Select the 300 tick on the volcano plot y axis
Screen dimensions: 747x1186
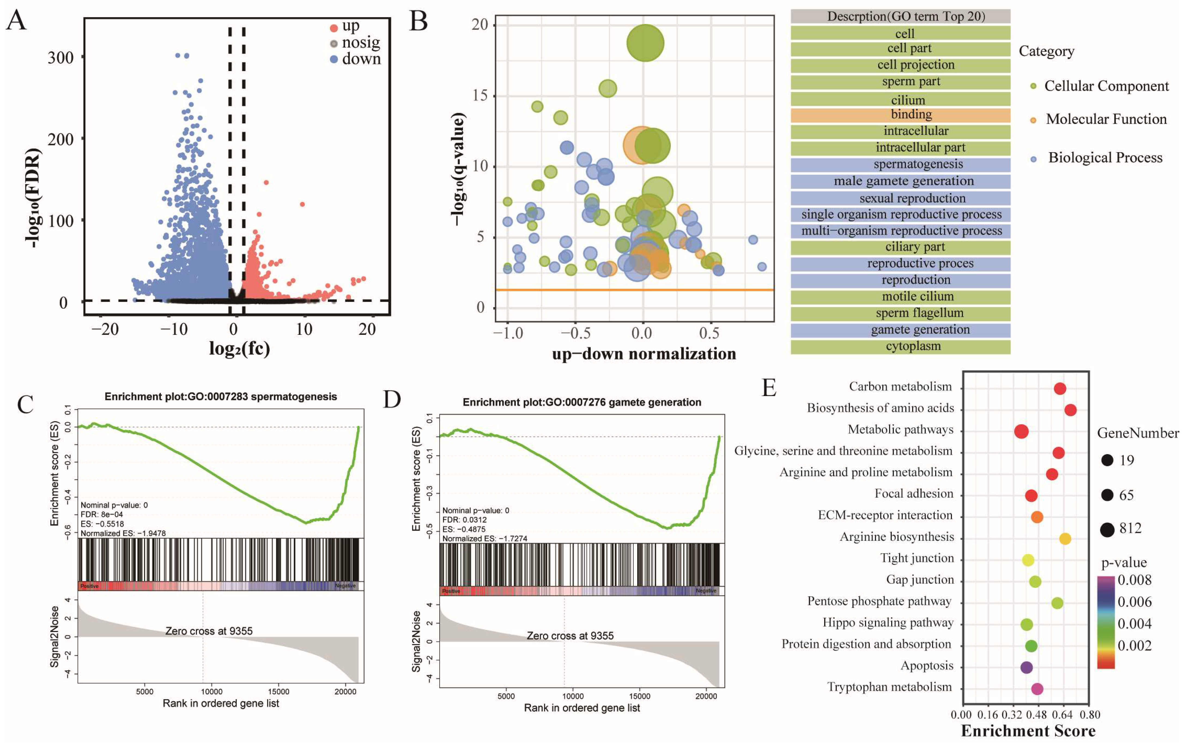point(60,57)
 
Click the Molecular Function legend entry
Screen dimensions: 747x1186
point(1106,119)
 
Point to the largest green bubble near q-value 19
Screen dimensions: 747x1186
point(645,43)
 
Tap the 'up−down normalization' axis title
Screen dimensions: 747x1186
point(644,354)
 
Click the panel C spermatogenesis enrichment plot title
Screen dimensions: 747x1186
point(221,397)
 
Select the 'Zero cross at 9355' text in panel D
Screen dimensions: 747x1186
point(570,636)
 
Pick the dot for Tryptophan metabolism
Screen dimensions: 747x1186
point(1037,689)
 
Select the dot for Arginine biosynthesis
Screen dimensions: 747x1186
point(1065,539)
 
